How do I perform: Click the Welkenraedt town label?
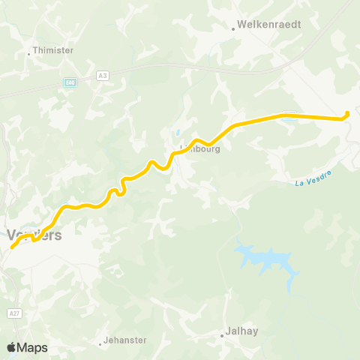(x=270, y=24)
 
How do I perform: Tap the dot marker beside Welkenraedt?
(x=234, y=29)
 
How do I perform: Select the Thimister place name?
(x=52, y=53)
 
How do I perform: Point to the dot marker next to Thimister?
(x=28, y=53)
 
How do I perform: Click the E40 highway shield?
(x=70, y=82)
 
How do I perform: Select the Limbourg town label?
(x=199, y=148)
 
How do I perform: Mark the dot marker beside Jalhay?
(x=223, y=336)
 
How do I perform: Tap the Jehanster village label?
(x=125, y=340)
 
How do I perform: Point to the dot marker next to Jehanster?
(x=100, y=344)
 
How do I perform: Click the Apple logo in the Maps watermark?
(x=11, y=347)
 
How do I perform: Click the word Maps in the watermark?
(x=33, y=347)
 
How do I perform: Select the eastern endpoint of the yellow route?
(x=346, y=115)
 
